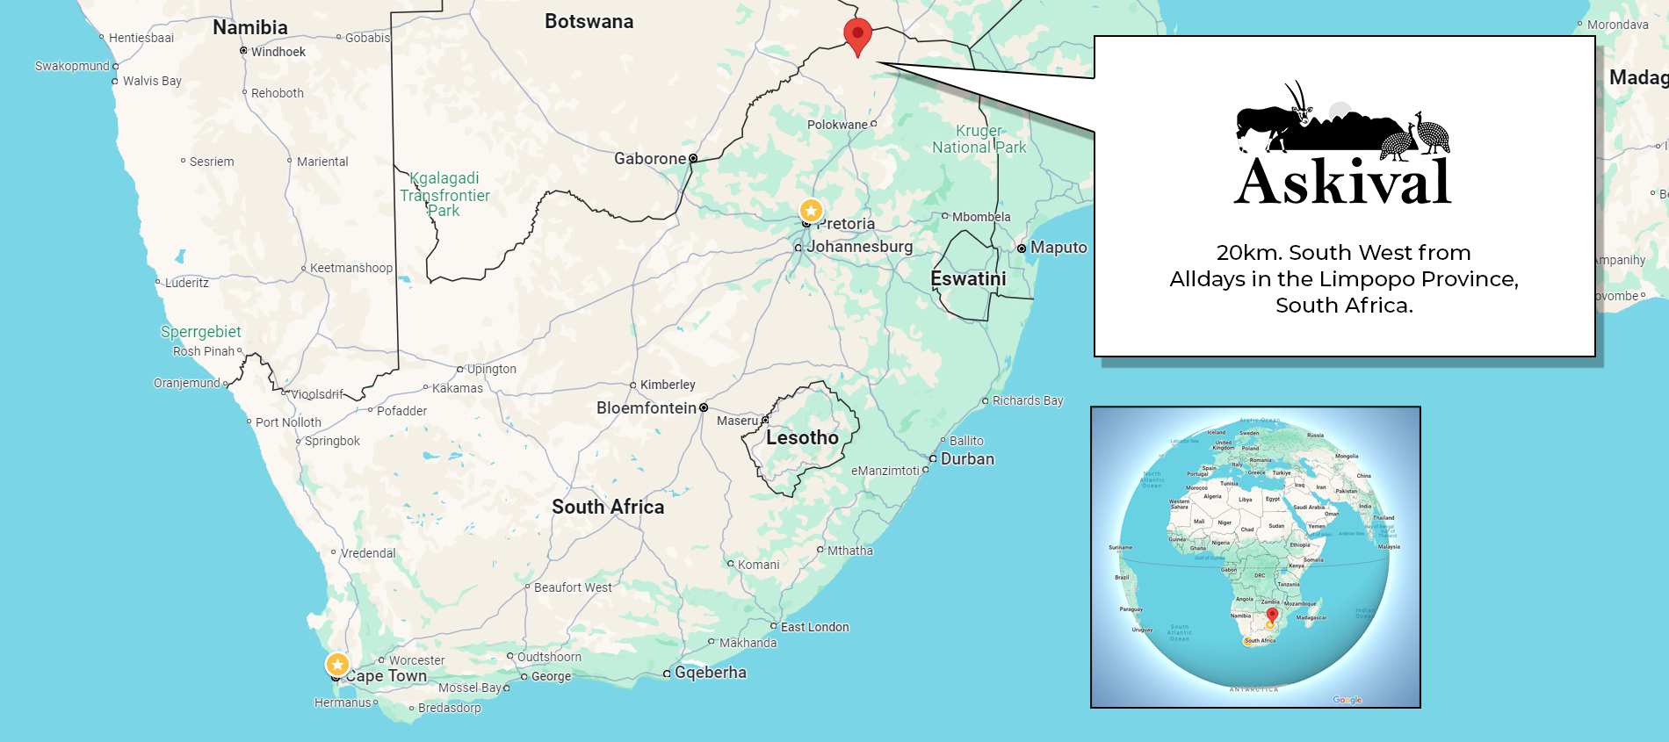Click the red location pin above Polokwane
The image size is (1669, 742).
[857, 34]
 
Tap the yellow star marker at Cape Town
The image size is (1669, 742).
[337, 664]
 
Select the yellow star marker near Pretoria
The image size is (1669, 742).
[811, 211]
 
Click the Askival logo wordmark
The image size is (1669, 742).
[1342, 182]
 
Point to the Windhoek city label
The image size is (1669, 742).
[278, 52]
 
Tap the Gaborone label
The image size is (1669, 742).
[650, 159]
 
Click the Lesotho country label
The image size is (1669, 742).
[802, 437]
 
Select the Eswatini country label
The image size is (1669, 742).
[968, 278]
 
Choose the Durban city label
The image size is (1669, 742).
[967, 458]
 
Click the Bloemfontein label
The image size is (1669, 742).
[646, 408]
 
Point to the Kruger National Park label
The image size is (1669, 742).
[979, 139]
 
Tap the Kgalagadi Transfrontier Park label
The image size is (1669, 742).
[444, 194]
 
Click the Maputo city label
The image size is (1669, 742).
[1058, 248]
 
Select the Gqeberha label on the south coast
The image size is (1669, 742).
[710, 673]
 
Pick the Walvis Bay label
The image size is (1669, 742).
[152, 81]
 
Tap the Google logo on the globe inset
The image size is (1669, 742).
[1347, 700]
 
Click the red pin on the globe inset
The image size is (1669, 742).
[1272, 614]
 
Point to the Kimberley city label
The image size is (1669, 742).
[668, 385]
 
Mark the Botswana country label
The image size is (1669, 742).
[589, 22]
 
